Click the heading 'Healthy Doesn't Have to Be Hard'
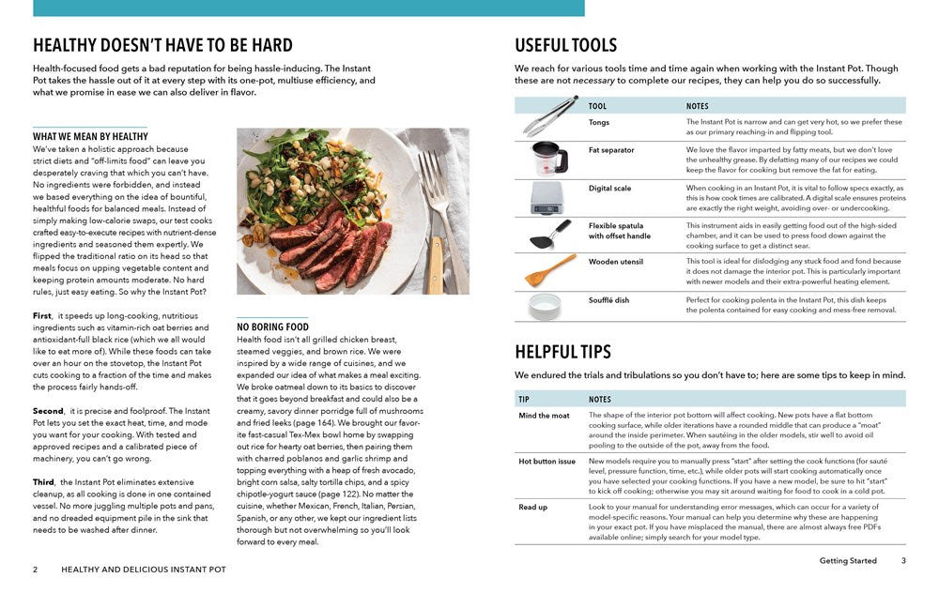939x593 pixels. coord(162,45)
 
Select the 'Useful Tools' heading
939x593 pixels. coord(565,45)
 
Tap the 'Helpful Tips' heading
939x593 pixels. coord(562,352)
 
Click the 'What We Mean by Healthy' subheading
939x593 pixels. coord(90,136)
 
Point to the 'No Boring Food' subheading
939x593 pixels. coord(272,327)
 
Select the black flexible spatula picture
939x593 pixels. coord(550,234)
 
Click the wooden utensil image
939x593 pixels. coord(550,270)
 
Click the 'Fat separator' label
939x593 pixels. coord(611,150)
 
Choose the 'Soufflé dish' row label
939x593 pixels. coord(609,299)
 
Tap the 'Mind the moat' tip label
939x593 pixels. coord(545,415)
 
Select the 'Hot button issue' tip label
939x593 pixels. coord(547,462)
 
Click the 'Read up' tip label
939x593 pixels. coord(533,508)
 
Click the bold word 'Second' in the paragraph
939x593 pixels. coord(48,411)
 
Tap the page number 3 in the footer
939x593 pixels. coord(903,561)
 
